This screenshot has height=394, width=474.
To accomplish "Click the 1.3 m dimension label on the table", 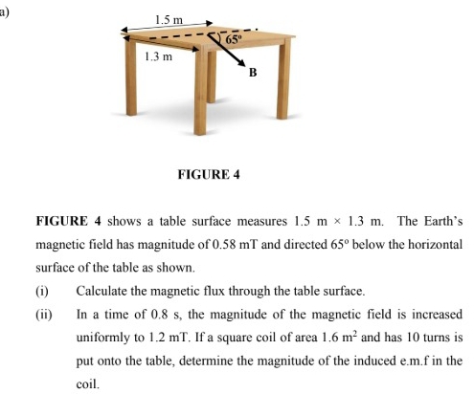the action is [x=157, y=56].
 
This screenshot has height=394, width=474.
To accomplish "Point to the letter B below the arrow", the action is [x=254, y=72].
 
